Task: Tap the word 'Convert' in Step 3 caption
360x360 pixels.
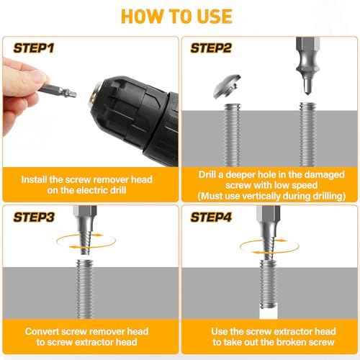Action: [x=46, y=331]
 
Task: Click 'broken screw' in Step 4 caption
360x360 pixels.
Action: [x=302, y=343]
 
